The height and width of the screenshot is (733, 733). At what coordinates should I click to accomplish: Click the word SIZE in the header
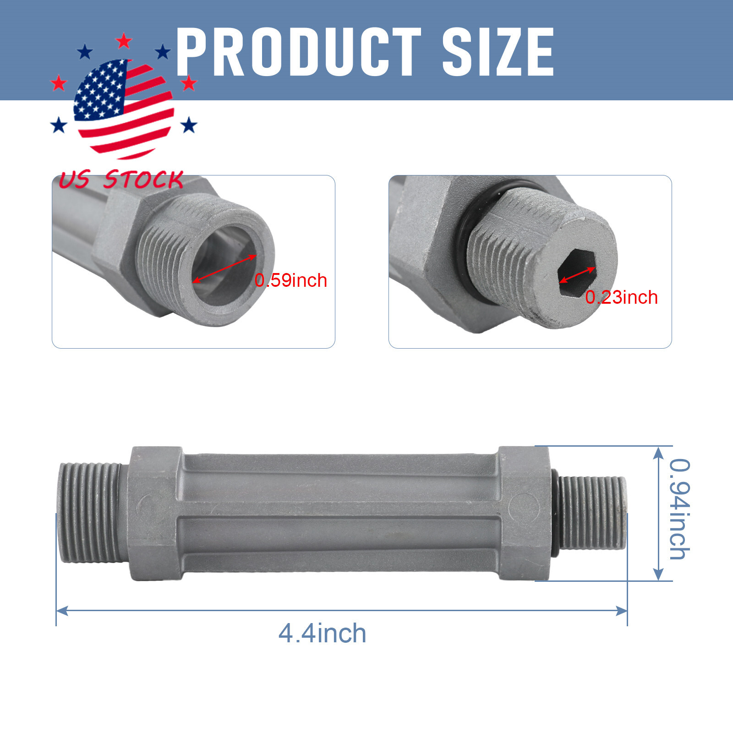point(498,51)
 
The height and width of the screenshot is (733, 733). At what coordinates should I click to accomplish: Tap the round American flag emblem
point(124,109)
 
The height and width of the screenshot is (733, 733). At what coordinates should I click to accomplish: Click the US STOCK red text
point(121,180)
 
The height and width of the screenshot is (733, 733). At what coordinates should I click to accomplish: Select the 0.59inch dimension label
point(291,280)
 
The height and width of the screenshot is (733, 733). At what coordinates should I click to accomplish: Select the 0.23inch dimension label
point(622,297)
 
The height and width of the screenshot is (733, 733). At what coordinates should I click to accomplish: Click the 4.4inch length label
point(323,634)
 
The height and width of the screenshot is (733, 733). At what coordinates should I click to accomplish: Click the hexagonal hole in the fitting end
point(577,274)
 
